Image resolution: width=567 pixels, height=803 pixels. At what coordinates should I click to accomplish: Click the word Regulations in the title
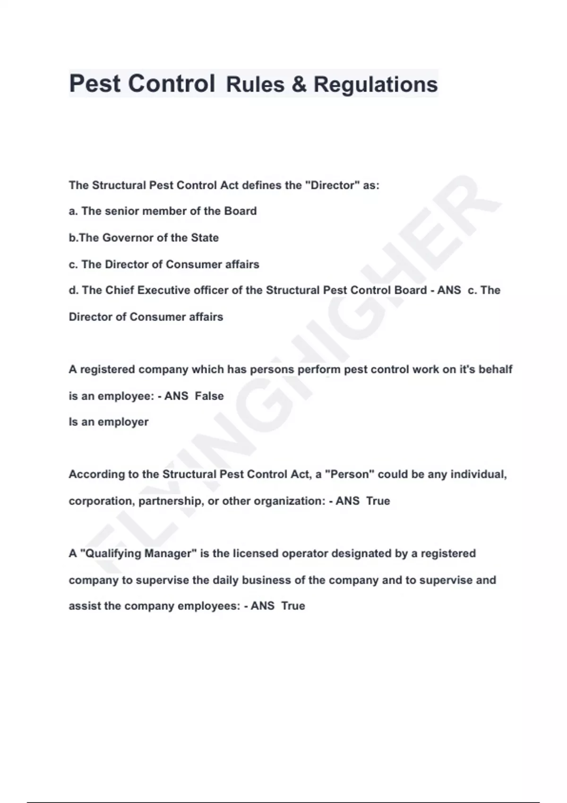(x=376, y=85)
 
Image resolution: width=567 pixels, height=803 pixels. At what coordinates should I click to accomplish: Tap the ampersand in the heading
(x=299, y=85)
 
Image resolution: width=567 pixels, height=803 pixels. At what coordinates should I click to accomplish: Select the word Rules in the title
(x=255, y=85)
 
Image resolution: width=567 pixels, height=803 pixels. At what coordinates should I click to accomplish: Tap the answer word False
(x=209, y=396)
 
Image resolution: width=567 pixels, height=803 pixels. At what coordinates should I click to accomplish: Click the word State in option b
(x=205, y=238)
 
